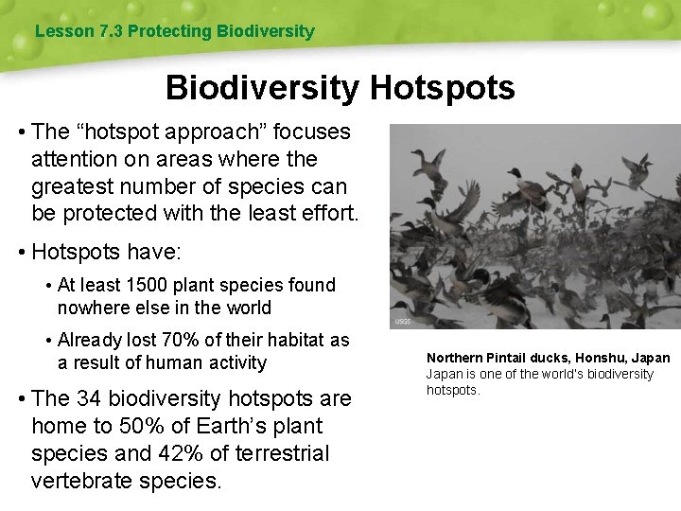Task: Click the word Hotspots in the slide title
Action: pos(443,88)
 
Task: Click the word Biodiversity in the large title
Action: pos(262,88)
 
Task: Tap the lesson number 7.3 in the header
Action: pos(110,31)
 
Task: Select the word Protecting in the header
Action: pos(169,31)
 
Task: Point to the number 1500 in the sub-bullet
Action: pos(158,285)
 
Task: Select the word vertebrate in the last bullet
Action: pos(79,481)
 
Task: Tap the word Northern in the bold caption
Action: pos(455,358)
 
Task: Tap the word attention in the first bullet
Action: pos(76,159)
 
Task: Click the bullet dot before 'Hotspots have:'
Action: pos(20,252)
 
